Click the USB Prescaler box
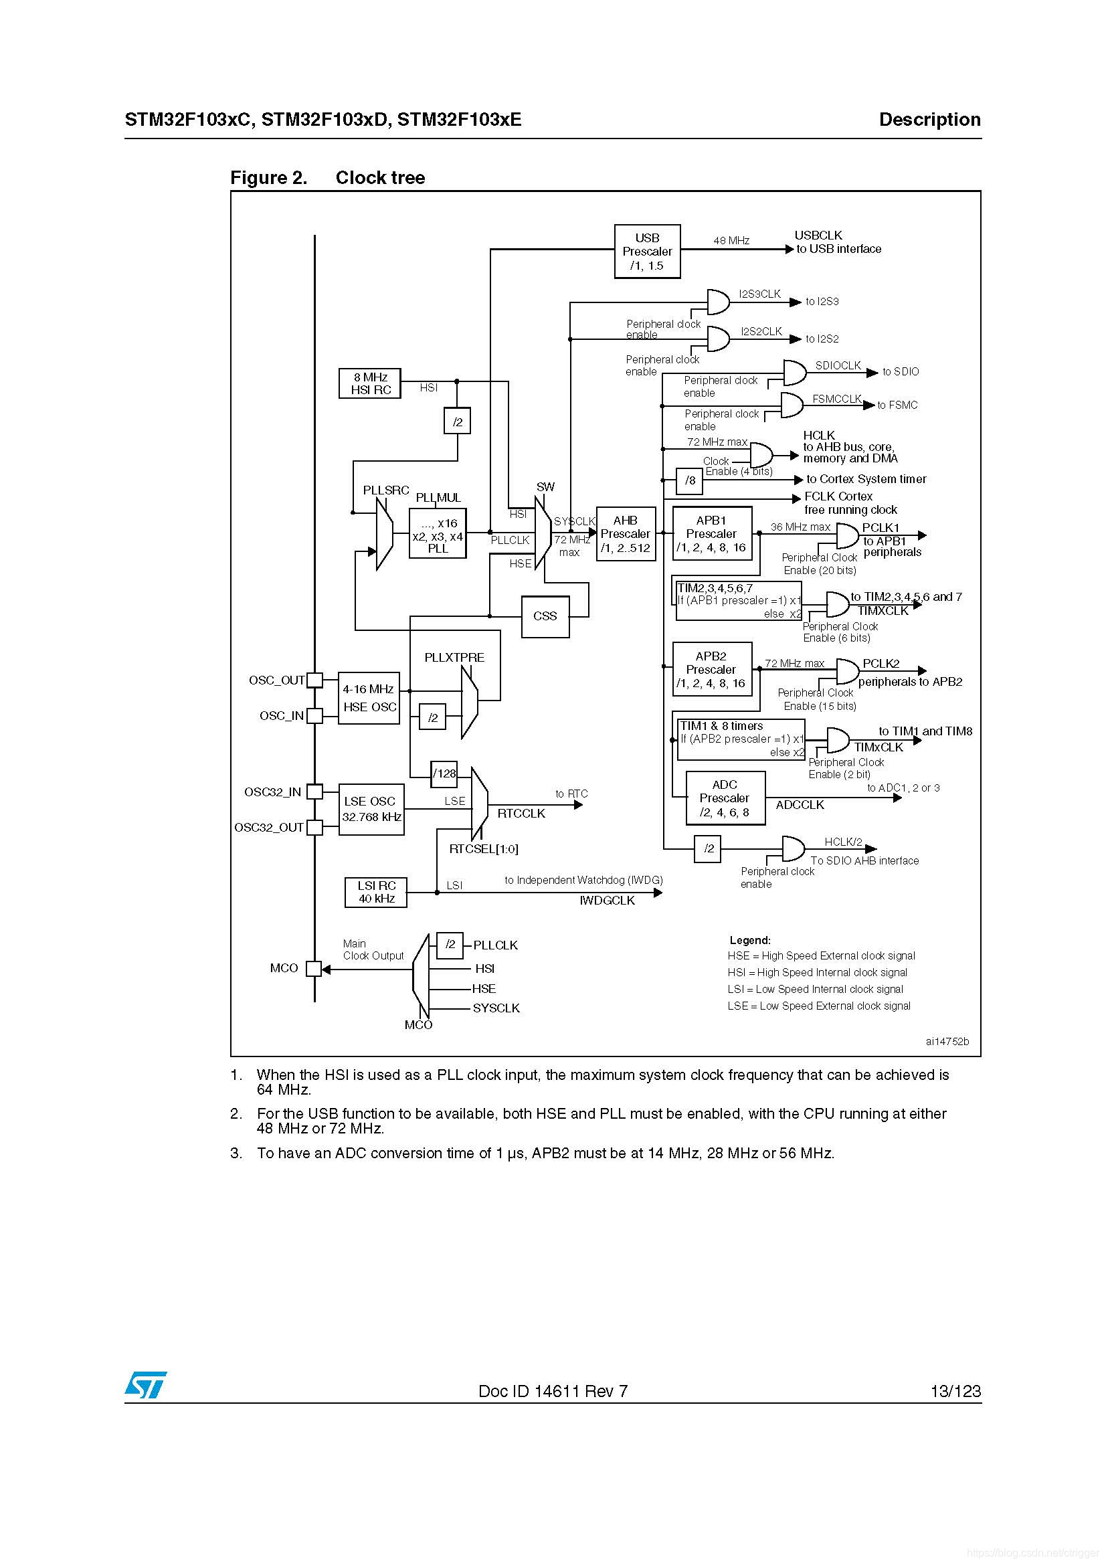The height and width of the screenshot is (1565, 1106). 647,252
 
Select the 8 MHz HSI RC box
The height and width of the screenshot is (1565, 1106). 369,383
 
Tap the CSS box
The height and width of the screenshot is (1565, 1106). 545,616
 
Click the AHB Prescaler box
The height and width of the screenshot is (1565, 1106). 626,535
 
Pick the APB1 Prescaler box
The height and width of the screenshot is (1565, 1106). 711,534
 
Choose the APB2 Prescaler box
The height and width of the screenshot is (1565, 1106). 711,669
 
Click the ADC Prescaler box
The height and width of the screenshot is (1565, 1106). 725,798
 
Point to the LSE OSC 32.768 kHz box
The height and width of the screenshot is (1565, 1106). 371,809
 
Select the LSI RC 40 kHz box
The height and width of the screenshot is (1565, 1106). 376,893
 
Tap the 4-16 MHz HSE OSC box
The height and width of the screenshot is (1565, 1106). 369,698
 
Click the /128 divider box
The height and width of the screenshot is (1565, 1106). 444,773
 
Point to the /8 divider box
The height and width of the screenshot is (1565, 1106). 690,480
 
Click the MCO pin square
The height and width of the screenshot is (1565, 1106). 314,969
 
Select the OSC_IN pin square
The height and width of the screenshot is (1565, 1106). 314,716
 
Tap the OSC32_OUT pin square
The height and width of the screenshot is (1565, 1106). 314,828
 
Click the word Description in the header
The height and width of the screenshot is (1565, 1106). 929,120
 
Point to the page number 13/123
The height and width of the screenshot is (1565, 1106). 955,1391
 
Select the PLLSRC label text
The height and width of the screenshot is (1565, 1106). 385,490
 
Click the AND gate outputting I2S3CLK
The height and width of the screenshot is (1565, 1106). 717,301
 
